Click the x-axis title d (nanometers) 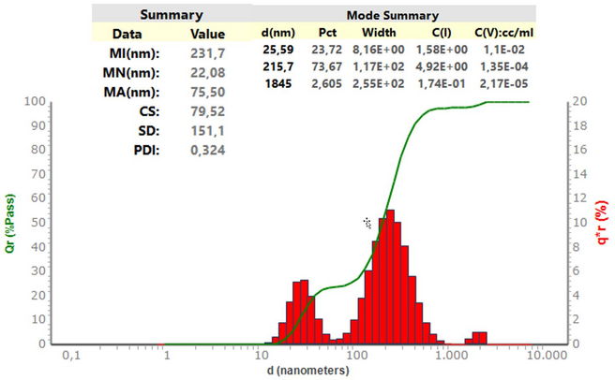coord(306,370)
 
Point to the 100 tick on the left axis coord(35,101)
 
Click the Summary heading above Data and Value coord(172,16)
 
